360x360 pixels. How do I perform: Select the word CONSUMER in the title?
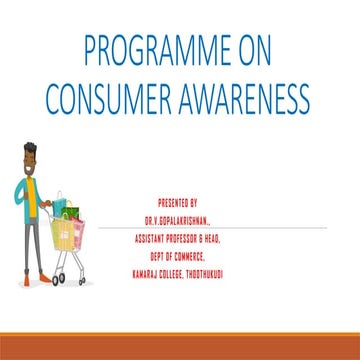click(x=110, y=97)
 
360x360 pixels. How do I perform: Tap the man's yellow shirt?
click(x=30, y=190)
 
